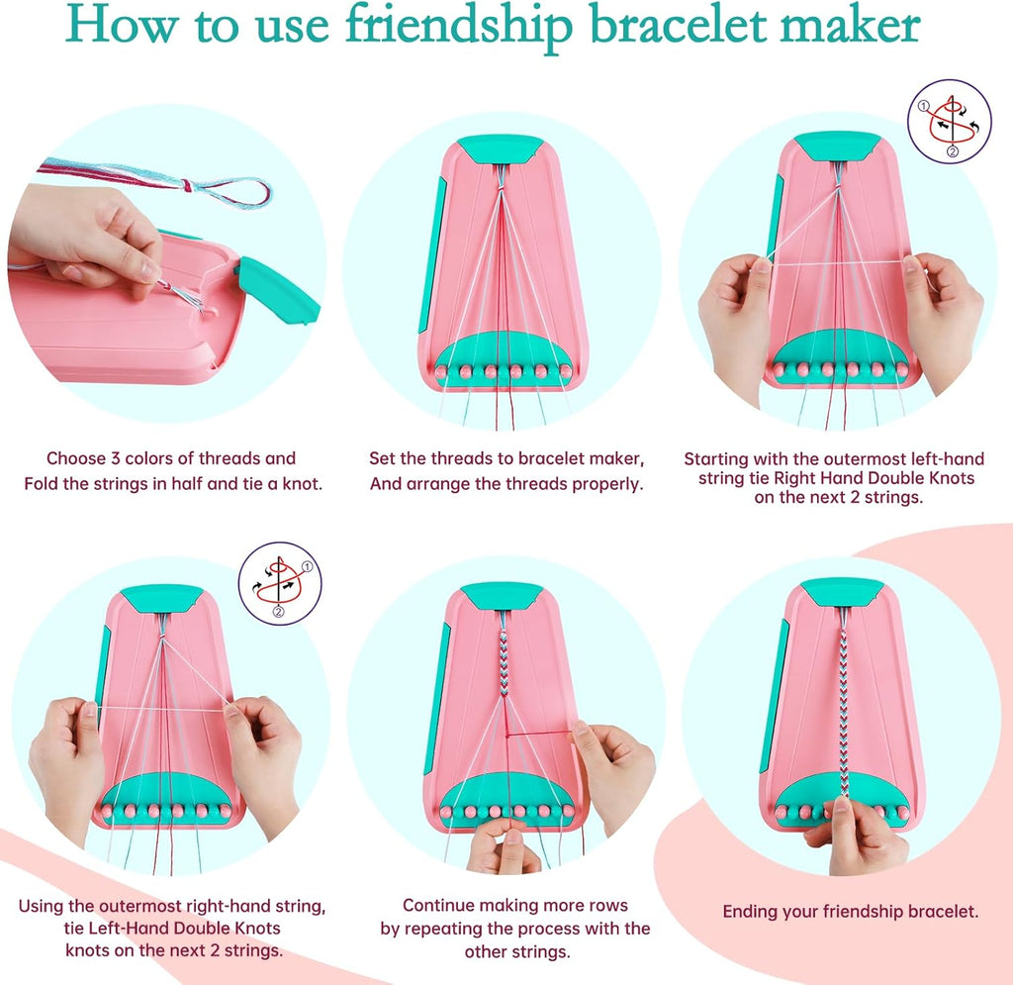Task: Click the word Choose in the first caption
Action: pyautogui.click(x=74, y=458)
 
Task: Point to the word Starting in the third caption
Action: pyautogui.click(x=719, y=458)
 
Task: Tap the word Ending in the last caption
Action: pyautogui.click(x=749, y=911)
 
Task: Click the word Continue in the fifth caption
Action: pyautogui.click(x=437, y=905)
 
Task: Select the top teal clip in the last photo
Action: pyautogui.click(x=842, y=592)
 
